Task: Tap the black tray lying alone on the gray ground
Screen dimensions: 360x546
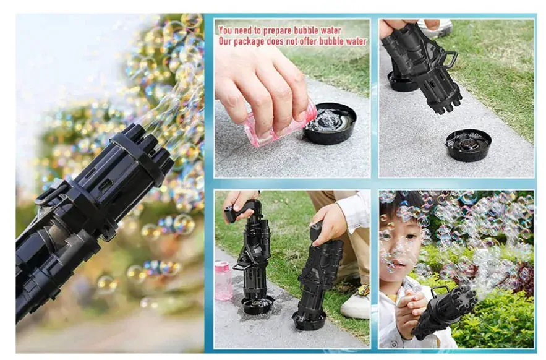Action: (x=468, y=145)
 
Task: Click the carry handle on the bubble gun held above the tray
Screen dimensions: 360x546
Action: (x=449, y=60)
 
